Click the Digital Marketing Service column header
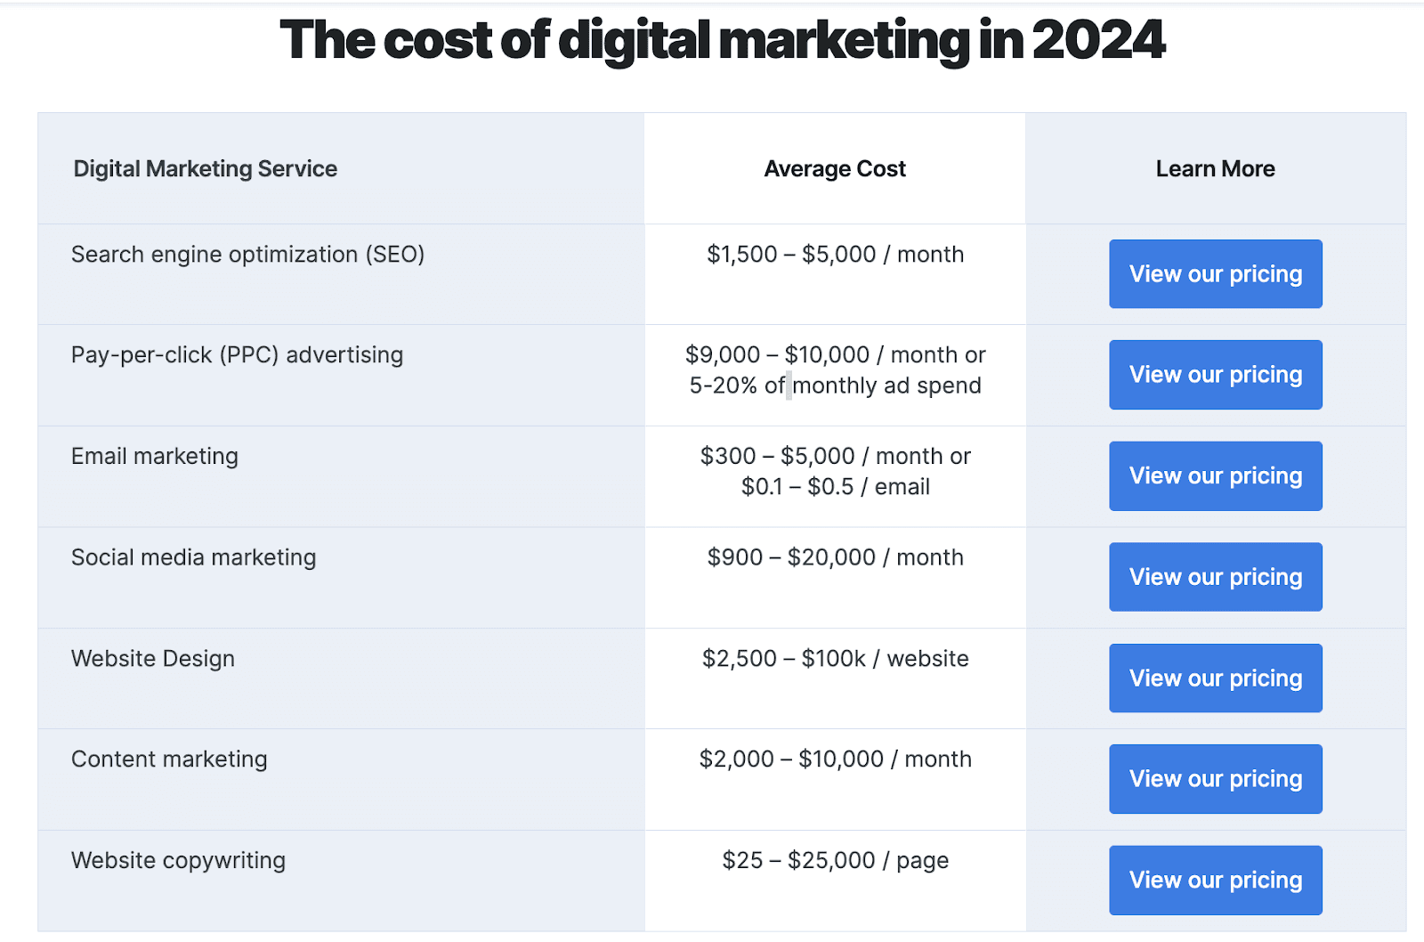(x=205, y=169)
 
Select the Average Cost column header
(x=835, y=169)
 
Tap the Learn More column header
(x=1215, y=169)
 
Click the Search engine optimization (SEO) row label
(x=247, y=255)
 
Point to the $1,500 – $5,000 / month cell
(x=835, y=255)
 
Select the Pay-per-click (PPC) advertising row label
(x=237, y=355)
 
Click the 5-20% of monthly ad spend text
(x=835, y=386)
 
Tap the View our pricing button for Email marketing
(x=1215, y=476)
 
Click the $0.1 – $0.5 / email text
(x=835, y=487)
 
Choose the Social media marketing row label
(x=193, y=557)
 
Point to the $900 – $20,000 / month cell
(x=835, y=557)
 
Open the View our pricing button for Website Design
(x=1215, y=678)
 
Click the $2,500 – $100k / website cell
(x=835, y=659)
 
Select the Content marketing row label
(x=169, y=759)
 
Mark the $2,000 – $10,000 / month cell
(x=835, y=759)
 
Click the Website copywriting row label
(x=178, y=861)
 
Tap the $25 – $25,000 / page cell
(x=835, y=861)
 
